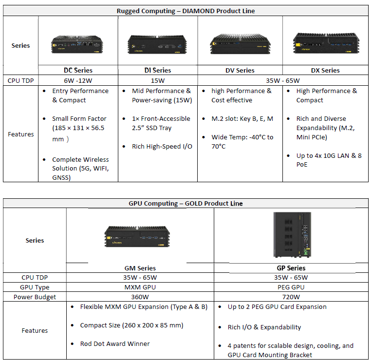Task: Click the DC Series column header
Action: point(78,70)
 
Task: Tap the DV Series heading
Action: point(240,70)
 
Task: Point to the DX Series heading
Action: point(325,70)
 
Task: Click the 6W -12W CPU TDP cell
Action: point(78,80)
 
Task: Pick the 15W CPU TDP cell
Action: point(157,80)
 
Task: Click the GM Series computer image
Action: point(140,237)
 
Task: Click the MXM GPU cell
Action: point(140,287)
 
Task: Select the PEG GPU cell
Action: point(291,287)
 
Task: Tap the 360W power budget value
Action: point(140,297)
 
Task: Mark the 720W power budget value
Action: point(291,297)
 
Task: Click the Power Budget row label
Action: point(35,297)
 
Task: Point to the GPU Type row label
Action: point(35,287)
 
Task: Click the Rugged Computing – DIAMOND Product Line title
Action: point(186,11)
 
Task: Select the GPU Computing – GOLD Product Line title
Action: point(186,203)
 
